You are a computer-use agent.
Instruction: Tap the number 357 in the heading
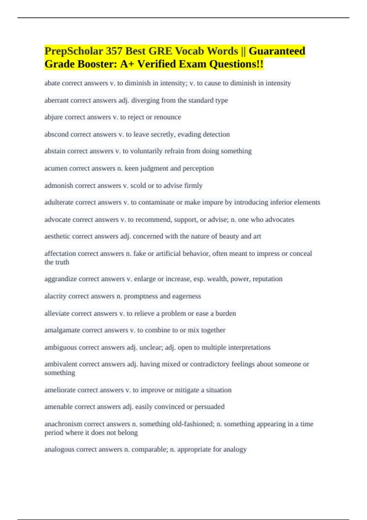tap(114, 51)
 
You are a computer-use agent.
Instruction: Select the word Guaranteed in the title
tap(277, 51)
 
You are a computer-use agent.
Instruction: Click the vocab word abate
tap(52, 83)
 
